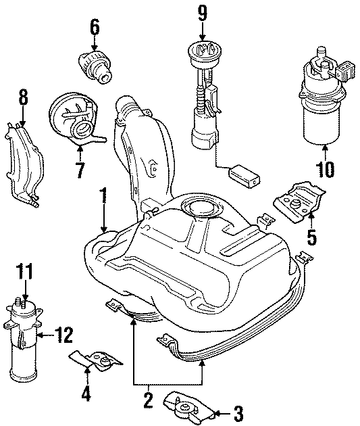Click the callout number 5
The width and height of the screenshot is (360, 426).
click(312, 237)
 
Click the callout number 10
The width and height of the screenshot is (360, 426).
click(324, 168)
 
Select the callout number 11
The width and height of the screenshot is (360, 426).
click(24, 274)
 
